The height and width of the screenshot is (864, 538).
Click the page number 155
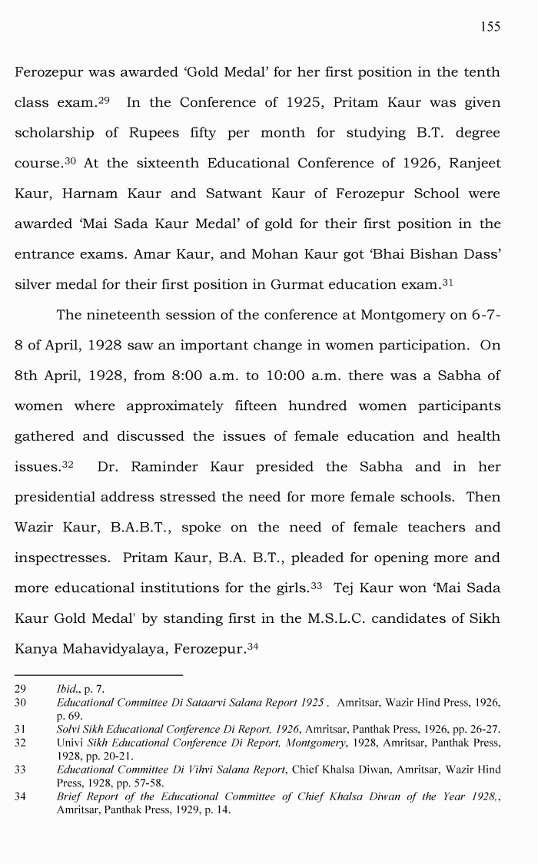point(490,27)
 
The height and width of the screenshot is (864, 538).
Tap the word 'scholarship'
point(51,133)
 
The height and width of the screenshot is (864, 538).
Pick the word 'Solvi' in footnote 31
point(70,729)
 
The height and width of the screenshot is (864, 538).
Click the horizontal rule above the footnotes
point(98,675)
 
